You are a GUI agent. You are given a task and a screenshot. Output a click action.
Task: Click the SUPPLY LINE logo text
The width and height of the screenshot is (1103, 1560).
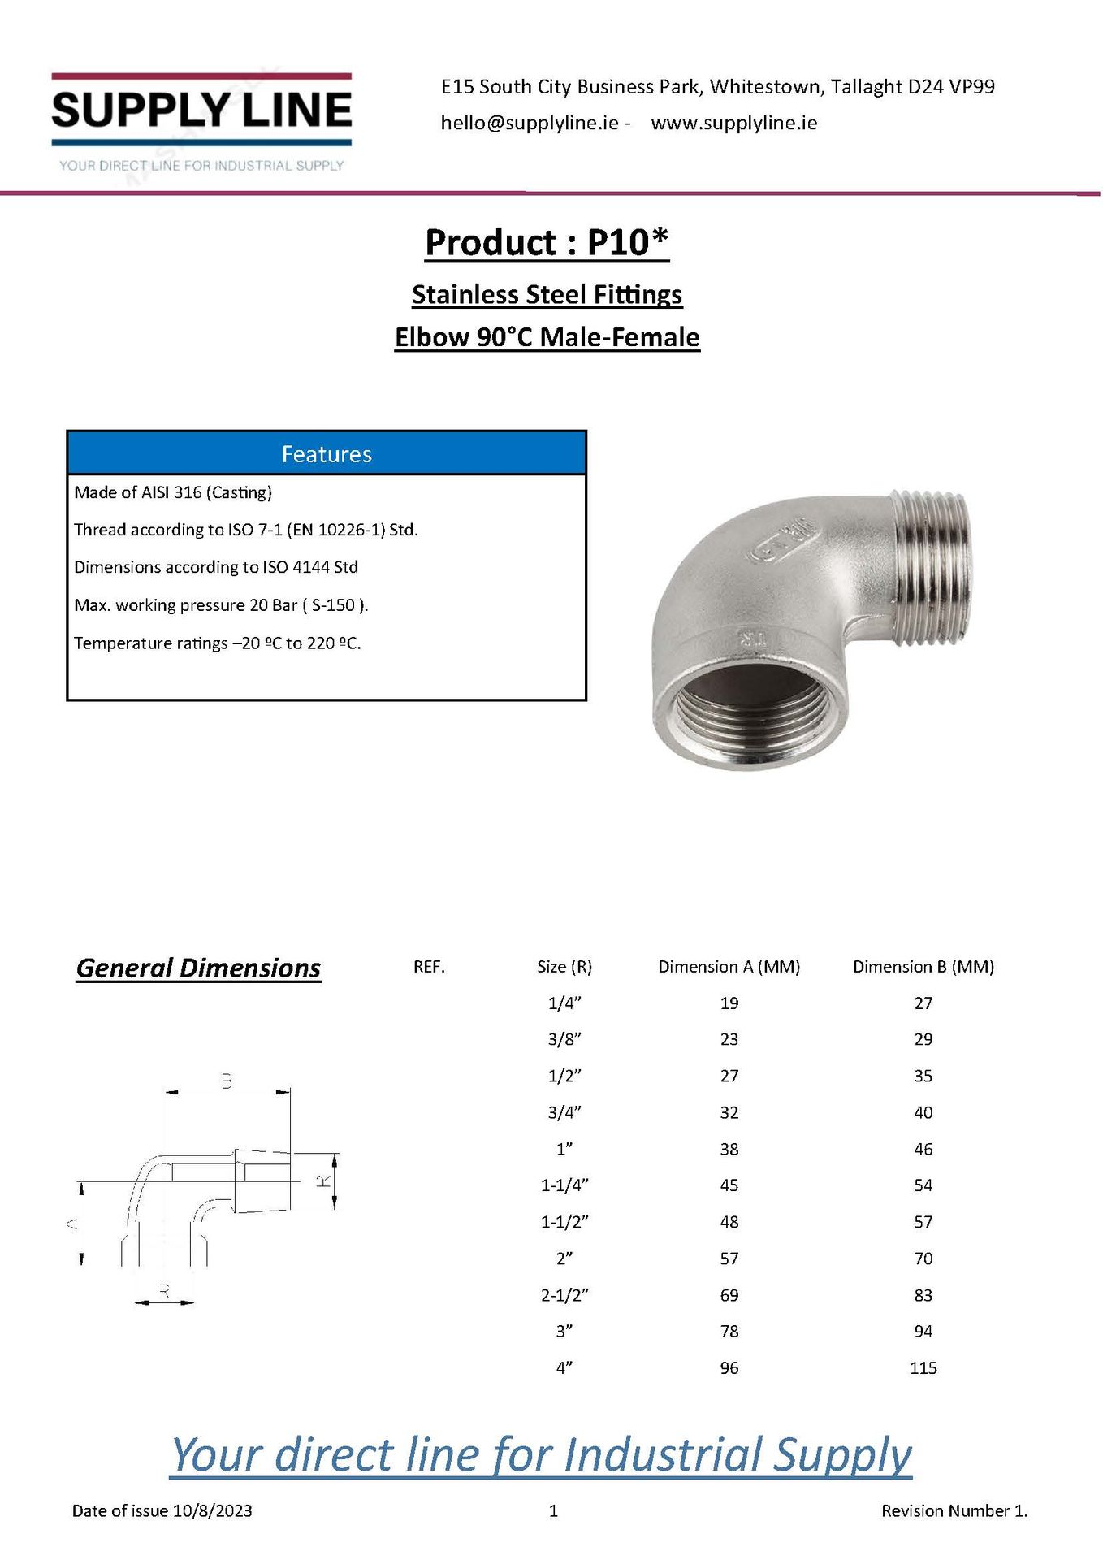[x=201, y=110]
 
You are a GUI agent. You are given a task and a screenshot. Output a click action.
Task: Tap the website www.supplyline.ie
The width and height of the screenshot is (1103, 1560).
[x=733, y=123]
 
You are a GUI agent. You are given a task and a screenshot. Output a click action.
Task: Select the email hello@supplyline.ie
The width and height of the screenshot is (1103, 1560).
[x=530, y=123]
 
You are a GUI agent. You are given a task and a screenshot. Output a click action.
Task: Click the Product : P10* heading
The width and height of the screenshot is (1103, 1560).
[x=547, y=242]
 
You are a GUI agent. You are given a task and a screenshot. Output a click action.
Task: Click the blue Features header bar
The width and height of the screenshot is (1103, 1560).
[x=327, y=453]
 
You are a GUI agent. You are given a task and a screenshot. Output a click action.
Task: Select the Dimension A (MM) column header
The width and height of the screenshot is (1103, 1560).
[x=729, y=966]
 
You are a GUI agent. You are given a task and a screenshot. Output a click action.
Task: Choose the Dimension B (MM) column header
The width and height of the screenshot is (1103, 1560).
[x=923, y=966]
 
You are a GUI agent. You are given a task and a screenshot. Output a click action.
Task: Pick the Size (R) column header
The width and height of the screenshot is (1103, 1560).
[x=564, y=966]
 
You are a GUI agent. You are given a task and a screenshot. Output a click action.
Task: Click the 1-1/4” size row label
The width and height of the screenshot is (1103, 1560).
[x=564, y=1185]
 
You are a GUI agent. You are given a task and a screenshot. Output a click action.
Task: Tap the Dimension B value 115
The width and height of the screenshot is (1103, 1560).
[x=923, y=1367]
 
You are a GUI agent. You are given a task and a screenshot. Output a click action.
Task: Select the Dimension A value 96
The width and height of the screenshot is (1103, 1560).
[x=729, y=1367]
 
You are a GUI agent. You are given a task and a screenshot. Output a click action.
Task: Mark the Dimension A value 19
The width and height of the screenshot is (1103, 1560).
[x=729, y=1003]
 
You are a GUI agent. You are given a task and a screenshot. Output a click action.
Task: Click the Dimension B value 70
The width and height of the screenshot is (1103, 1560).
[x=923, y=1258]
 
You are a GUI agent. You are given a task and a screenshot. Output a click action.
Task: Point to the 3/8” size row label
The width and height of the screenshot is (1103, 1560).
[x=564, y=1039]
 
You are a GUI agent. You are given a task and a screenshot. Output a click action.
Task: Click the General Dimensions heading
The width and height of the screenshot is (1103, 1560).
[x=198, y=968]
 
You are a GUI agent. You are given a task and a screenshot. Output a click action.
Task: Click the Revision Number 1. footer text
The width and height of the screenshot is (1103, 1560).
[x=954, y=1510]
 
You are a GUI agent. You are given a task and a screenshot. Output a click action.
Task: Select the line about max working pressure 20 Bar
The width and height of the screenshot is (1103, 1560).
[x=221, y=604]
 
